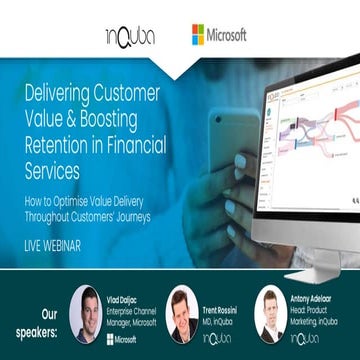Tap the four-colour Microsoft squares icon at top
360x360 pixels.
click(202, 35)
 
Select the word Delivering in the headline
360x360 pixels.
click(66, 96)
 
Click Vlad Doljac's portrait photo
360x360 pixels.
click(86, 314)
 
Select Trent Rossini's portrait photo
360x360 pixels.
click(181, 314)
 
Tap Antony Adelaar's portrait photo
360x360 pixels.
click(270, 313)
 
